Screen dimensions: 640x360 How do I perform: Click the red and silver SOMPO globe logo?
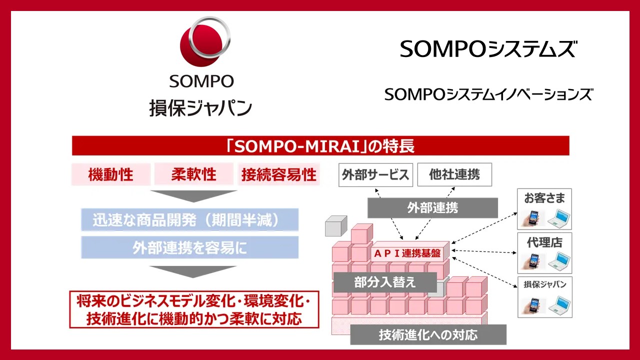point(205,41)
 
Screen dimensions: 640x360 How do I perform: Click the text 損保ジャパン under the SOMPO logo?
point(200,108)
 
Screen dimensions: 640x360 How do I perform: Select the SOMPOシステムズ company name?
point(488,49)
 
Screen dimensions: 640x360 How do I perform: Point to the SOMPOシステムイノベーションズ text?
point(488,94)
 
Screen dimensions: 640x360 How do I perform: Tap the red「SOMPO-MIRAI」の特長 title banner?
point(320,145)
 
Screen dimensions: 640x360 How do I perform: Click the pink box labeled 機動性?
point(111,174)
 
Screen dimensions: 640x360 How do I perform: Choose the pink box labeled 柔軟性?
point(194,174)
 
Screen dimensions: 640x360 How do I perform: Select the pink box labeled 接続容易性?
point(279,174)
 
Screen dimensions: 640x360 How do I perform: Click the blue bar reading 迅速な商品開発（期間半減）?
point(189,219)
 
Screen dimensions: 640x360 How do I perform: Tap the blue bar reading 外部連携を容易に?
point(189,247)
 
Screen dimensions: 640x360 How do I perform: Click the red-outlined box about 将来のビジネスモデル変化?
point(194,309)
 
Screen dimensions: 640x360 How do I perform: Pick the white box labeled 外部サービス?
point(375,175)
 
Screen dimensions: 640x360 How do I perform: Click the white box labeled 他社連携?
point(454,174)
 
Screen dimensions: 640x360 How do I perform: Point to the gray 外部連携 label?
point(432,208)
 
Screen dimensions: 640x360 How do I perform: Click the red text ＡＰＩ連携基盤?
point(407,253)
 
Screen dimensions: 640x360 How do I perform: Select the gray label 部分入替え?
point(385,282)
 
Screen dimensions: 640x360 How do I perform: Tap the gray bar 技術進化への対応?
point(428,334)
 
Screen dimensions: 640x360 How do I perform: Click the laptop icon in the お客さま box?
point(559,218)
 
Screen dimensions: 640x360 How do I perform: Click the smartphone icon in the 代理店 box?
point(532,261)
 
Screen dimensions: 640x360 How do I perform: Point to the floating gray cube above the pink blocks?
point(336,226)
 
